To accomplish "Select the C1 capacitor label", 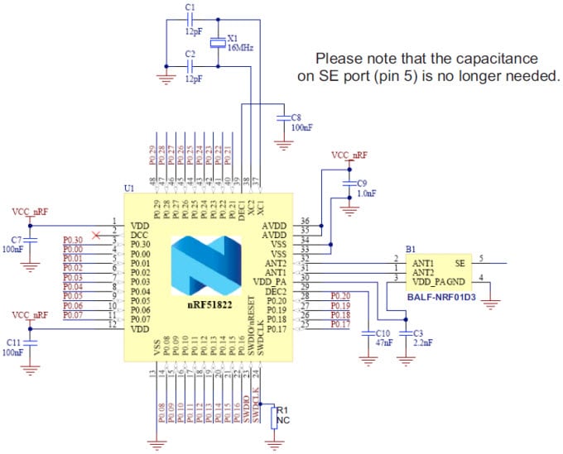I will [x=190, y=7].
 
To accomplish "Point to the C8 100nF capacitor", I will [x=284, y=117].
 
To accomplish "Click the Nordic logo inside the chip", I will [x=207, y=266].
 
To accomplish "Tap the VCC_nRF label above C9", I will [x=349, y=155].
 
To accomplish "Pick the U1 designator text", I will [x=128, y=189].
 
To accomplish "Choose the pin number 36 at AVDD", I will [x=306, y=221].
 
